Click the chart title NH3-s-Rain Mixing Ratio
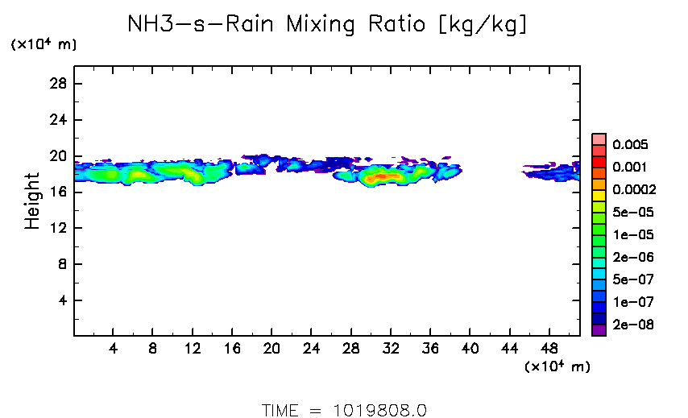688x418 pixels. (x=328, y=25)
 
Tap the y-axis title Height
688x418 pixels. (x=32, y=201)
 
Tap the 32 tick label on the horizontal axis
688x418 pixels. (x=391, y=350)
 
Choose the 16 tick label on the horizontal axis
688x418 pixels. (x=232, y=350)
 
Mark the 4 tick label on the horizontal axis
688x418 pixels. (x=114, y=350)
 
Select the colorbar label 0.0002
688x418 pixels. (x=634, y=190)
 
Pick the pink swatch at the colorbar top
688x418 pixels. (x=599, y=139)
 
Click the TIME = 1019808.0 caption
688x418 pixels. (x=344, y=410)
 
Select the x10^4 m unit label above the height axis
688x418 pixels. (x=44, y=45)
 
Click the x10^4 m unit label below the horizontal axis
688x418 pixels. (x=557, y=366)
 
